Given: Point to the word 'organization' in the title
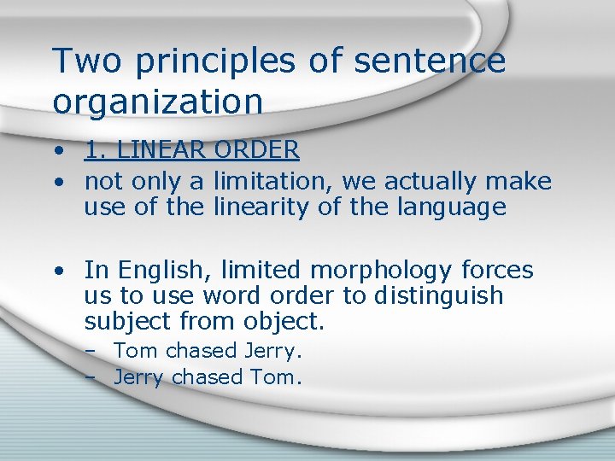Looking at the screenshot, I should (158, 102).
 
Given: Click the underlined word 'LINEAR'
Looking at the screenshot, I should (161, 150).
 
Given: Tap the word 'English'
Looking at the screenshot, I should (165, 271).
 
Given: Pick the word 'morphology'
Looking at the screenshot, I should (381, 271).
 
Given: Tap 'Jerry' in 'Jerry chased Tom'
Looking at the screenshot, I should (138, 377).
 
